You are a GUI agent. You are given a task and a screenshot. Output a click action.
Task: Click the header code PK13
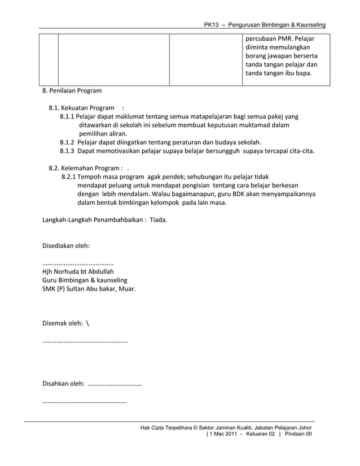tap(213, 27)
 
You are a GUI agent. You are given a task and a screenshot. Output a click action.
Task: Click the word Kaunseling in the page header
tap(307, 27)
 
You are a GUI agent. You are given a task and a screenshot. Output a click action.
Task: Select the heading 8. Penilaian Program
tap(72, 90)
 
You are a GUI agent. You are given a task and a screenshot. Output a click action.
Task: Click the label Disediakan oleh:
tap(67, 246)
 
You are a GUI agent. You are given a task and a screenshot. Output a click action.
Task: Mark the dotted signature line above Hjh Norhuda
tap(78, 262)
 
